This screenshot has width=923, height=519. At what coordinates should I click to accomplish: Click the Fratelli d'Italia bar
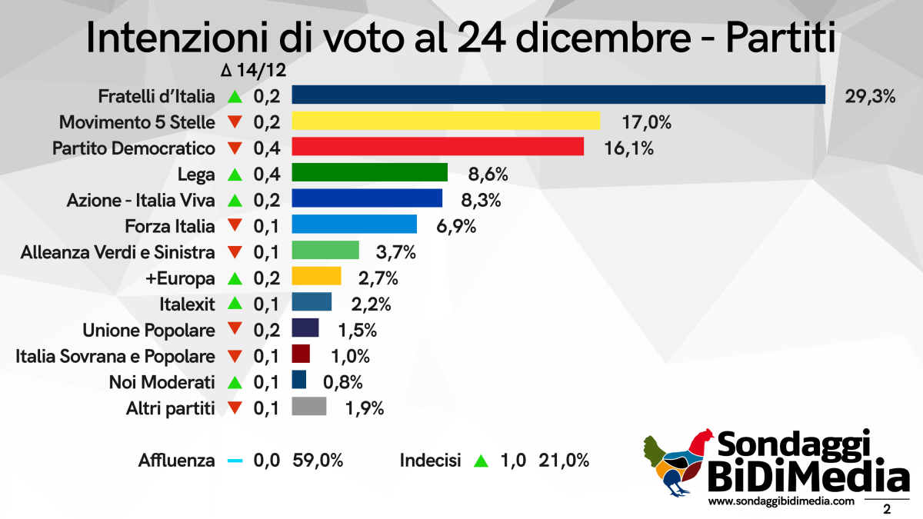click(x=558, y=95)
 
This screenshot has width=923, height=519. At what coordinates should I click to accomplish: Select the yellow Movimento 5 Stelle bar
click(x=446, y=121)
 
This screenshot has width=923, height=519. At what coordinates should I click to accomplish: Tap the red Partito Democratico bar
click(x=438, y=147)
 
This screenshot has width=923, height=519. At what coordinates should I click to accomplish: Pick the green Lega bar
click(x=370, y=173)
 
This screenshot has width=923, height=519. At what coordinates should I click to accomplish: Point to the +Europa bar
click(x=316, y=276)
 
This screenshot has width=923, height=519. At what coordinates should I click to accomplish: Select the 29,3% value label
click(x=871, y=96)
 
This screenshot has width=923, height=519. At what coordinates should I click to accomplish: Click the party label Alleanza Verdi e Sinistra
click(x=118, y=252)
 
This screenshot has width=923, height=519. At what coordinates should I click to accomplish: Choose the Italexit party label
click(x=188, y=304)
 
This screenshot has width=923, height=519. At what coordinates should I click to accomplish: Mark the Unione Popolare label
click(x=148, y=330)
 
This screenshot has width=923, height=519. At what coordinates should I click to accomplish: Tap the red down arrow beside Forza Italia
click(x=235, y=226)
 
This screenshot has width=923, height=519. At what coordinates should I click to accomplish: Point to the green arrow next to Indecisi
click(x=481, y=462)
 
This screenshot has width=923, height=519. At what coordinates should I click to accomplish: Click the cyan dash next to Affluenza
click(x=235, y=461)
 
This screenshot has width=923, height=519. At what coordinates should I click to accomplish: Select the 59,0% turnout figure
click(x=318, y=461)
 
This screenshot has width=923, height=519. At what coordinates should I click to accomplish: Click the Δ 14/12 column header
click(x=253, y=71)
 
